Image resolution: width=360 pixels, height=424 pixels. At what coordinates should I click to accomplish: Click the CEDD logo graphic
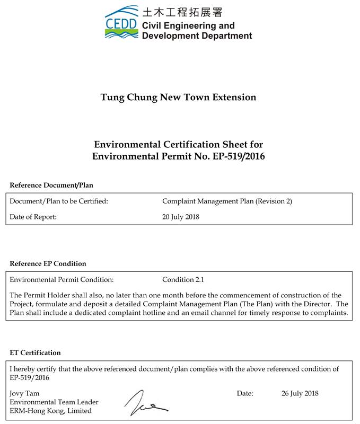click(121, 22)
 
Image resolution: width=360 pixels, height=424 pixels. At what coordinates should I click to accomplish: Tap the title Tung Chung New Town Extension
click(178, 98)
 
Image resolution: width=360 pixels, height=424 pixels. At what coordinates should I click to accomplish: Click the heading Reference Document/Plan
click(51, 185)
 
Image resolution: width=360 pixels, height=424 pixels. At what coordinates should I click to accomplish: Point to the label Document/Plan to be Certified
click(59, 201)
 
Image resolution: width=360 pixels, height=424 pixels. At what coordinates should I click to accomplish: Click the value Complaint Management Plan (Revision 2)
click(227, 201)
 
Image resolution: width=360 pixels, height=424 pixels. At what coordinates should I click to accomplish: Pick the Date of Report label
click(33, 217)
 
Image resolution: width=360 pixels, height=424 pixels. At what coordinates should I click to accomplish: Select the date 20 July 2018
click(181, 217)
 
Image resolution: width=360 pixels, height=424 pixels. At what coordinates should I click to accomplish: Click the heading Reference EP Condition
click(48, 263)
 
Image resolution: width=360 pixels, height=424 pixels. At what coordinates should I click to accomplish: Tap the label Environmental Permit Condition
click(62, 280)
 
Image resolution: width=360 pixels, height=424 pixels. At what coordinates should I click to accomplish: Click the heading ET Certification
click(35, 352)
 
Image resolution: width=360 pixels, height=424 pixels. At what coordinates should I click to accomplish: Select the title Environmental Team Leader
click(54, 402)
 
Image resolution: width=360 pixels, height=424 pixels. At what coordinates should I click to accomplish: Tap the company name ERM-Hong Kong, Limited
click(51, 411)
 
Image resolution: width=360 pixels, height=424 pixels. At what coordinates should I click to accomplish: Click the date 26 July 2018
click(300, 394)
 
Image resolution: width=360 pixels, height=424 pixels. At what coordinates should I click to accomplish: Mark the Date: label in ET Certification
click(245, 394)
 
